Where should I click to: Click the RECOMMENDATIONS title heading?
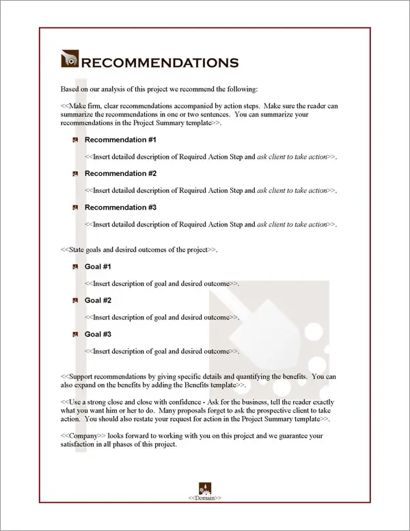tap(160, 63)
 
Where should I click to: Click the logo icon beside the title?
tap(70, 61)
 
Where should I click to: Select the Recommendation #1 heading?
tap(120, 140)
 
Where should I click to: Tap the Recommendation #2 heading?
tap(120, 173)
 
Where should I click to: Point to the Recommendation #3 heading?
tap(120, 207)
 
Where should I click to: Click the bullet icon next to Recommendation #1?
tap(75, 140)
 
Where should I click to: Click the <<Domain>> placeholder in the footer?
tap(204, 498)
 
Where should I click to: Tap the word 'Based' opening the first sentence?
tap(70, 90)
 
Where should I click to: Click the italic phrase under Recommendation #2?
tap(292, 190)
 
